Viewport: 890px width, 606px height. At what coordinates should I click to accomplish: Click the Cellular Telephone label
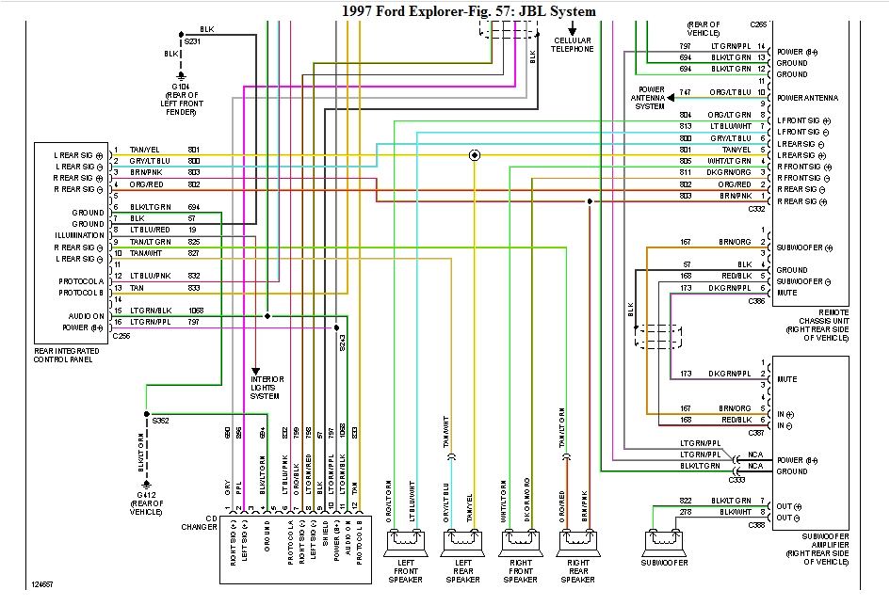coord(573,44)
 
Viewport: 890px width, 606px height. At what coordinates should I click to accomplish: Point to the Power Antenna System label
coord(649,98)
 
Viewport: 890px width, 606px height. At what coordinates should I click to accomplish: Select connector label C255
coord(121,337)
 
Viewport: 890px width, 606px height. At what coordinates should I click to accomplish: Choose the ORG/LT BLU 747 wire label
coord(733,92)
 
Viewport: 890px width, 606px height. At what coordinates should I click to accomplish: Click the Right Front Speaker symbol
coord(520,541)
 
